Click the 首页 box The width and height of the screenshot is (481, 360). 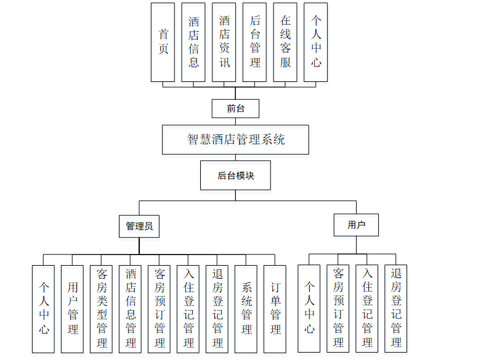(x=163, y=42)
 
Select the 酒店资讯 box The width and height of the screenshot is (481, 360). (x=224, y=42)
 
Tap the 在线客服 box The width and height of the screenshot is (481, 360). (x=285, y=42)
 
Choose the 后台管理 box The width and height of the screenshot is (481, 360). (x=255, y=42)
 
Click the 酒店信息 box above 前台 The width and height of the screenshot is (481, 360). (x=193, y=42)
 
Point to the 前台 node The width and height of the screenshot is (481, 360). (x=236, y=108)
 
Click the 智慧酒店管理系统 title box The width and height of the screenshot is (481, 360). (x=236, y=139)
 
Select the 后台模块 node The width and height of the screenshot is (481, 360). (x=236, y=176)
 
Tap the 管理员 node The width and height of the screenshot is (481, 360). (x=139, y=226)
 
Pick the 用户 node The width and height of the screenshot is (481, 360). (x=356, y=225)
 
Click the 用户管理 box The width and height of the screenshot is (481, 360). (x=73, y=308)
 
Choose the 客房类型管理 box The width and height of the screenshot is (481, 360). (x=102, y=308)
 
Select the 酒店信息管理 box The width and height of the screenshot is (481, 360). (x=131, y=308)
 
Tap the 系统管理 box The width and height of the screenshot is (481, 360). (x=246, y=308)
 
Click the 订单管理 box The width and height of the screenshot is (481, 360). (x=275, y=308)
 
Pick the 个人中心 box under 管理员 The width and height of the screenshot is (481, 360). (x=44, y=308)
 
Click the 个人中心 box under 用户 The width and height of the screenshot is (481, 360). (x=309, y=308)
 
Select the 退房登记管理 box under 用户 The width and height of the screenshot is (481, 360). (x=396, y=308)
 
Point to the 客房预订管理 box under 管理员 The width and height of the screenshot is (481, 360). (x=160, y=308)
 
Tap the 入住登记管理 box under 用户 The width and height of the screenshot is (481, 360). (x=367, y=308)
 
